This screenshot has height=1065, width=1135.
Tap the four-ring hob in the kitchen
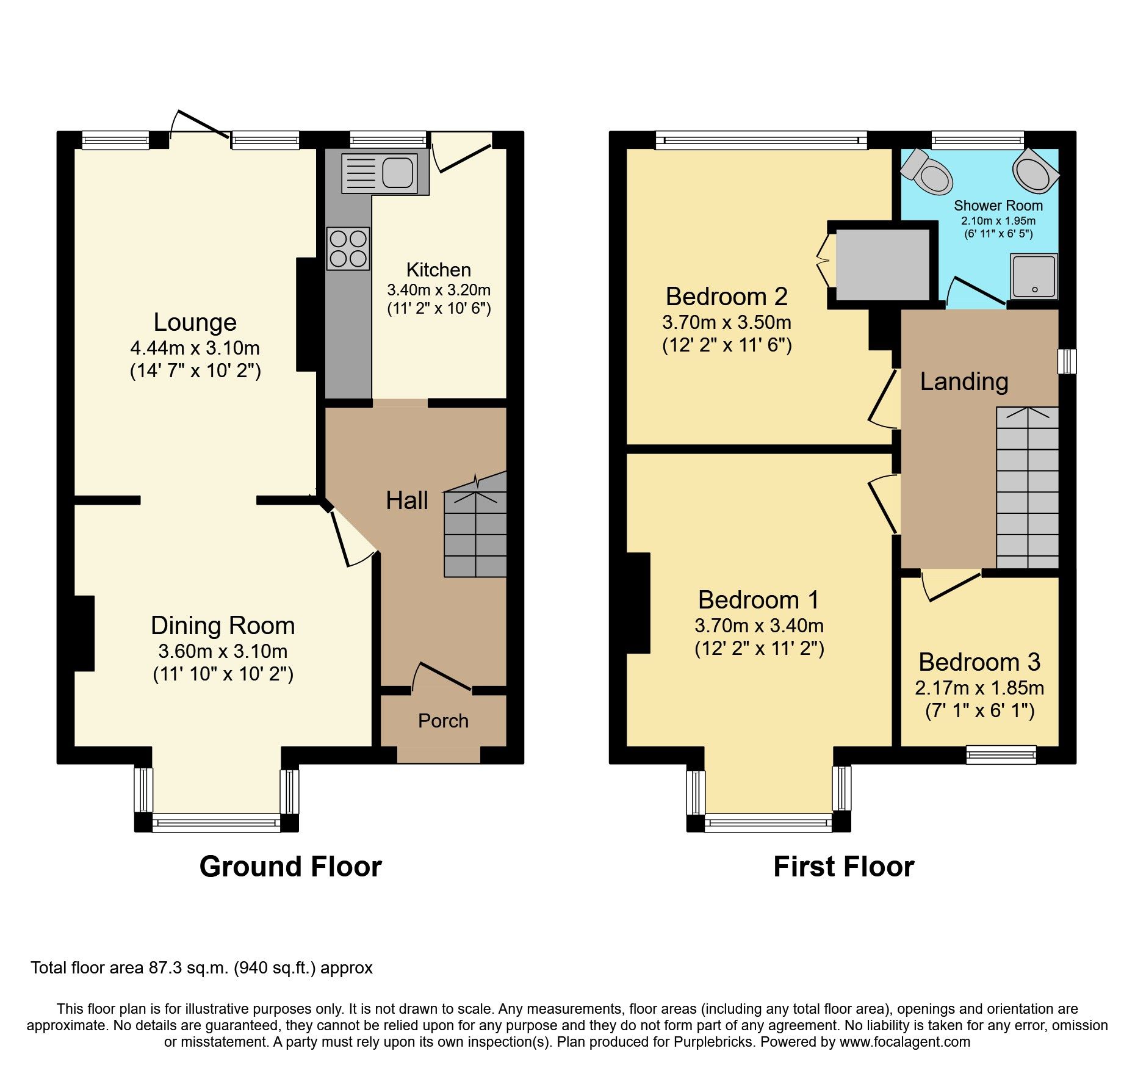tap(348, 248)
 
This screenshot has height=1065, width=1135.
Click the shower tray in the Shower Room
tap(1033, 276)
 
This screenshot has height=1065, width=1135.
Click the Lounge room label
tap(195, 322)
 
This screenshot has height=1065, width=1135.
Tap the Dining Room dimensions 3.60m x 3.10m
tap(223, 651)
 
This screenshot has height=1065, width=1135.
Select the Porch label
tap(443, 721)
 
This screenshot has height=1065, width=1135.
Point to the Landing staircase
tap(1027, 488)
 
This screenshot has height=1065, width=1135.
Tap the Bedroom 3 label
tap(979, 662)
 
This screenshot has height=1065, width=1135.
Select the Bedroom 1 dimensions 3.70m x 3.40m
tap(758, 626)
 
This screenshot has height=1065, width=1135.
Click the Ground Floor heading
tap(290, 867)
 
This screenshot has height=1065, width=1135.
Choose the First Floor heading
tap(843, 867)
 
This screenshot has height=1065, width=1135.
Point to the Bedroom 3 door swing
tap(949, 586)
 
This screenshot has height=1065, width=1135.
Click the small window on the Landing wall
tap(1067, 361)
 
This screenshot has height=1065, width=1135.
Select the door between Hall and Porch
tap(442, 677)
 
